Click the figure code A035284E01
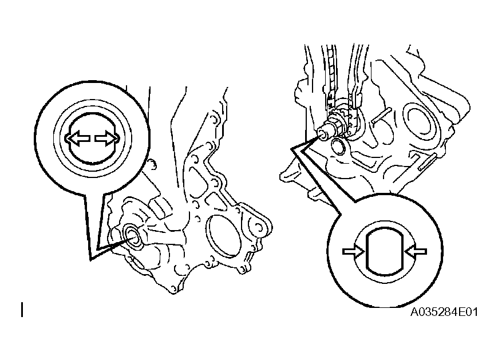click(444, 312)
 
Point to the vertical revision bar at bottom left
click(22, 310)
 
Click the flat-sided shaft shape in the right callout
click(385, 252)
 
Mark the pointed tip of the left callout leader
click(90, 260)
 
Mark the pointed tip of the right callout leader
click(291, 149)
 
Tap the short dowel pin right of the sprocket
click(382, 116)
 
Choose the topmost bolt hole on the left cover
click(214, 118)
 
